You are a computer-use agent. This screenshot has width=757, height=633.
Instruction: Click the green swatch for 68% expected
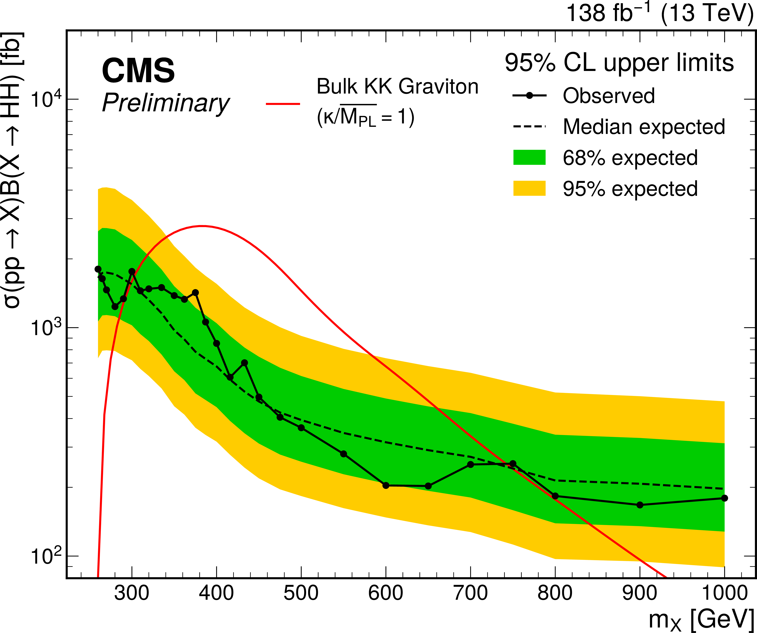tap(529, 158)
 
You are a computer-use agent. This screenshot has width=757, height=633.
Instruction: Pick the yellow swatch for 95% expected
tap(529, 188)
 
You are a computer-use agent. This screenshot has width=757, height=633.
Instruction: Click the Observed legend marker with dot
tap(529, 96)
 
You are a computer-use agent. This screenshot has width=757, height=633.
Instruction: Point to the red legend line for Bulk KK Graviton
tap(283, 104)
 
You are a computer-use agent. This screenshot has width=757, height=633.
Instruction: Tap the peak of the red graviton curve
tap(202, 226)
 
